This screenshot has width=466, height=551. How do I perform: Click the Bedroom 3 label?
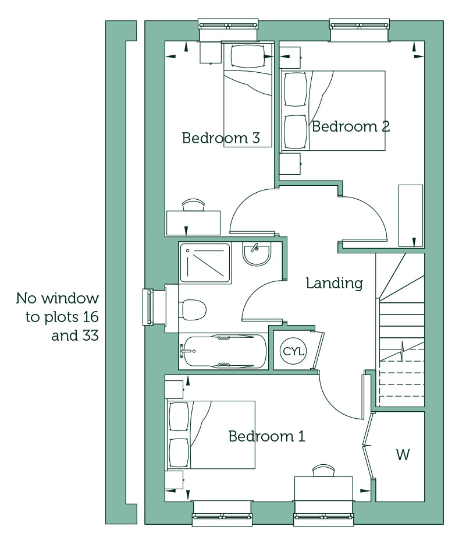(x=221, y=137)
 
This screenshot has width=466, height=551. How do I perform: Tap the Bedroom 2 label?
(x=351, y=126)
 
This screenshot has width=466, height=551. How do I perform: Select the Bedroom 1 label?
(x=266, y=436)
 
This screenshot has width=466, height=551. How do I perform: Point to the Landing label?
(x=335, y=283)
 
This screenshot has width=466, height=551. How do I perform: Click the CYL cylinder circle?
(x=293, y=351)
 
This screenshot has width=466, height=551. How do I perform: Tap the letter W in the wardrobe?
(x=403, y=455)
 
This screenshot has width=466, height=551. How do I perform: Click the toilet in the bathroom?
(x=194, y=310)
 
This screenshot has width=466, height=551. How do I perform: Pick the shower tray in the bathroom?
(x=205, y=263)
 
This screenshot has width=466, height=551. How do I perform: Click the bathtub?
(x=223, y=351)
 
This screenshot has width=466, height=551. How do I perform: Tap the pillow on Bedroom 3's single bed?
(x=248, y=56)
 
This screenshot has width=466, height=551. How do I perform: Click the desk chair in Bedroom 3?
(x=193, y=205)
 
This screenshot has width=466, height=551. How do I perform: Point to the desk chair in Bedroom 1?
(x=323, y=470)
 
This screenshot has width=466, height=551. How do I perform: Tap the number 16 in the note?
(x=91, y=317)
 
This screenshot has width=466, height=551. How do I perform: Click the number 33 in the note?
(x=90, y=335)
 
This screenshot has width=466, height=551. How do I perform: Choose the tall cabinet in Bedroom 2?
(x=411, y=216)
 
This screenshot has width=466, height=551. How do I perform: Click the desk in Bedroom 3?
(x=193, y=223)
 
